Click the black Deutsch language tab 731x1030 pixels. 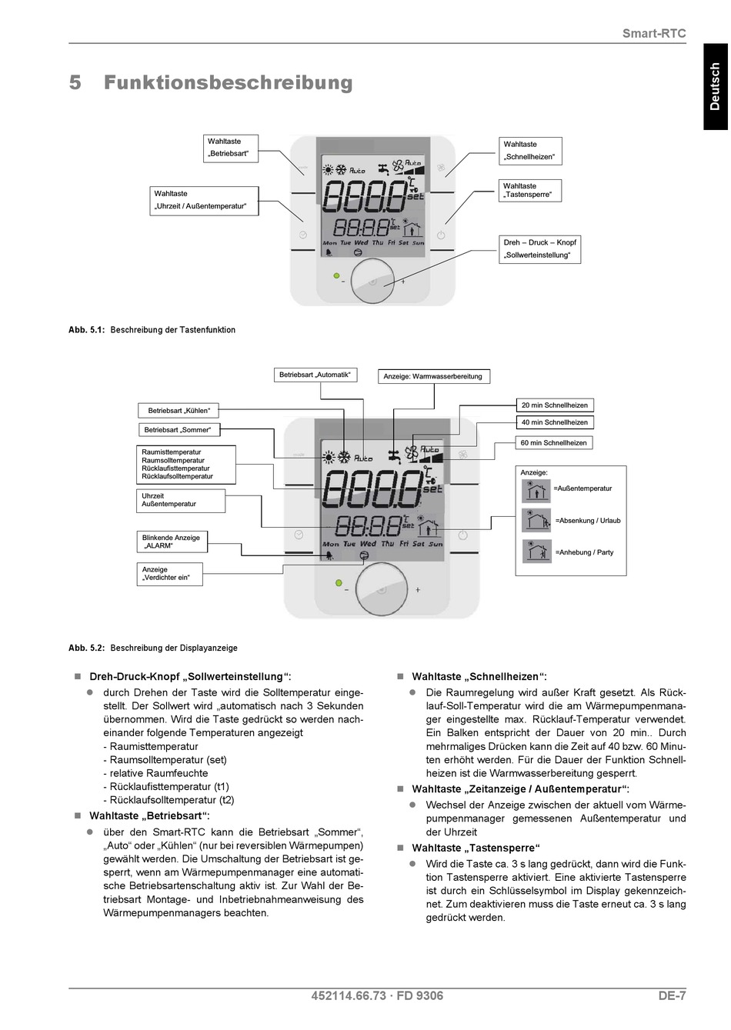click(716, 86)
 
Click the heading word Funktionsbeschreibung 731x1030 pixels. click(229, 83)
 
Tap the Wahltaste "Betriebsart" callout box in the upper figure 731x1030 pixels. click(231, 148)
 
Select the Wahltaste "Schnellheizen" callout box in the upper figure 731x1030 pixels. click(530, 151)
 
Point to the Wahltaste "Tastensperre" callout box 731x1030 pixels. click(530, 190)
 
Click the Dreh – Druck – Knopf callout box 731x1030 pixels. click(539, 249)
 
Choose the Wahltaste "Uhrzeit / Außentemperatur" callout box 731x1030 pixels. click(204, 201)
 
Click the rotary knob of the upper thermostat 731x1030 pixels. click(372, 281)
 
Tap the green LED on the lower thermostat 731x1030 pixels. click(339, 582)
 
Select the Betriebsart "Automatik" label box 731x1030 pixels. click(315, 375)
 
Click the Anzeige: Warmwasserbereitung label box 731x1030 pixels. click(434, 376)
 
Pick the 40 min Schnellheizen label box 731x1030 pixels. click(555, 422)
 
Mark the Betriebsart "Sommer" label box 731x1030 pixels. click(179, 430)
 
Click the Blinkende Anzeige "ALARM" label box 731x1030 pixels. click(172, 542)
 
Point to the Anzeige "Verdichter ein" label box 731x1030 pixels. click(169, 574)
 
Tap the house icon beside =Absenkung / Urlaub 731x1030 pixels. click(536, 520)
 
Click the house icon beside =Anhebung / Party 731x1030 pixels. click(536, 552)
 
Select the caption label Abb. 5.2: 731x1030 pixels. click(86, 648)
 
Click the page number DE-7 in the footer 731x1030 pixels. click(672, 995)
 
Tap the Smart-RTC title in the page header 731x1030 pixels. click(654, 34)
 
